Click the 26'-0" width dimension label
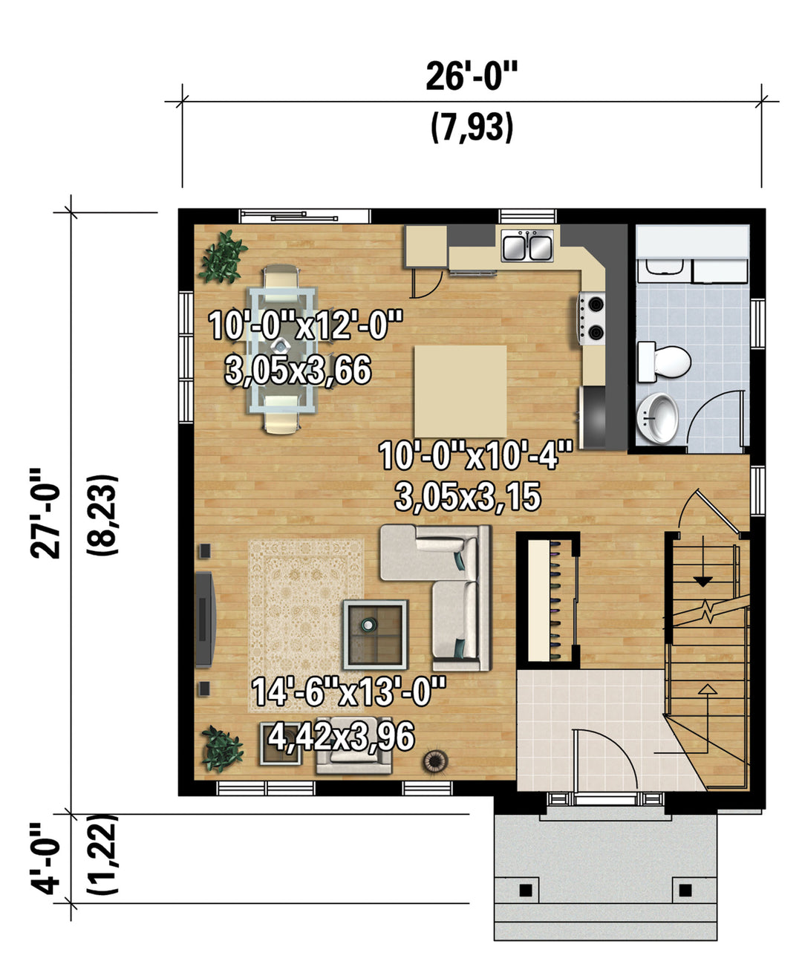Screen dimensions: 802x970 coord(472,77)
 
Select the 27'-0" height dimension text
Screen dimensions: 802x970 coord(45,513)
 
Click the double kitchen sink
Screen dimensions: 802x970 coord(527,245)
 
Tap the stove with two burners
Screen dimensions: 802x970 coord(591,318)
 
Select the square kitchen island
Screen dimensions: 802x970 coord(460,391)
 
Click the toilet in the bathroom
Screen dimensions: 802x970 coord(664,362)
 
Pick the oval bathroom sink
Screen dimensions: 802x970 coord(658,418)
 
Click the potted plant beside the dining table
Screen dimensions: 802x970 coord(223,257)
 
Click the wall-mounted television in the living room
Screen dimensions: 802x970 coord(205,619)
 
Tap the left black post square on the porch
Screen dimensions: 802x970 coord(525,890)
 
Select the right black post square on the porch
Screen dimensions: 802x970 coord(685,890)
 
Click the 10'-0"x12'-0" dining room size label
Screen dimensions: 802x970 coord(305,325)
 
